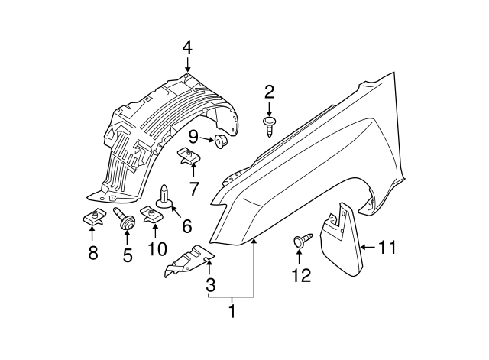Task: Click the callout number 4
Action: pos(187,48)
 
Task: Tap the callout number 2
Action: pos(269,93)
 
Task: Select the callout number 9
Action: pos(193,138)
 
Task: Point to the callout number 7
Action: pos(194,189)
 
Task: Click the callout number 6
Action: pos(186,226)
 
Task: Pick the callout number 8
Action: pos(93,253)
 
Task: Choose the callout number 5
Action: pos(127,253)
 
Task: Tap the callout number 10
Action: pos(157,249)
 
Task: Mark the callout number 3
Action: pos(211,285)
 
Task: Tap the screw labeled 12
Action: pos(300,242)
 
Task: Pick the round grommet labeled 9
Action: pos(222,141)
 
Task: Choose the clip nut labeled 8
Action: pos(93,219)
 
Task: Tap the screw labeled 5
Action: pos(125,220)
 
